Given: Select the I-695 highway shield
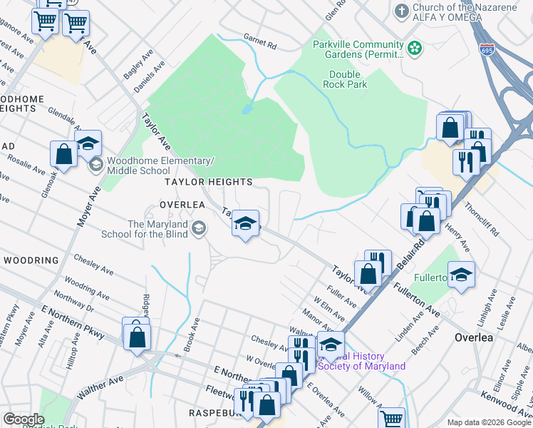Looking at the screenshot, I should pyautogui.click(x=487, y=51).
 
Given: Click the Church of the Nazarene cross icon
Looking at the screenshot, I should pyautogui.click(x=401, y=11).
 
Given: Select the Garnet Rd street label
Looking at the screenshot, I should pyautogui.click(x=259, y=44).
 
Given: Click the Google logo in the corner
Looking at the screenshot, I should pyautogui.click(x=24, y=419).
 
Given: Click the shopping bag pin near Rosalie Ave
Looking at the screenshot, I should pyautogui.click(x=63, y=154).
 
